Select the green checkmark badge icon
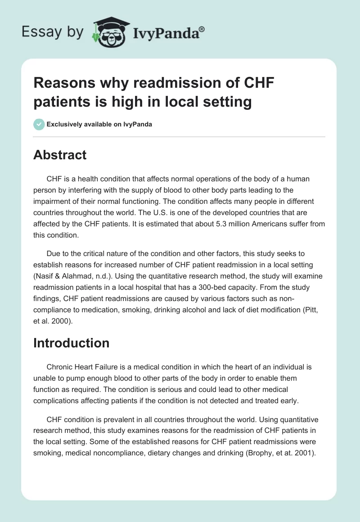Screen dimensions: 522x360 click(39, 124)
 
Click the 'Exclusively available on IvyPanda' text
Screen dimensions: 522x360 click(99, 124)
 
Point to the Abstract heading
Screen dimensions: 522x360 click(60, 155)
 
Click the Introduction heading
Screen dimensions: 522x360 click(72, 343)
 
